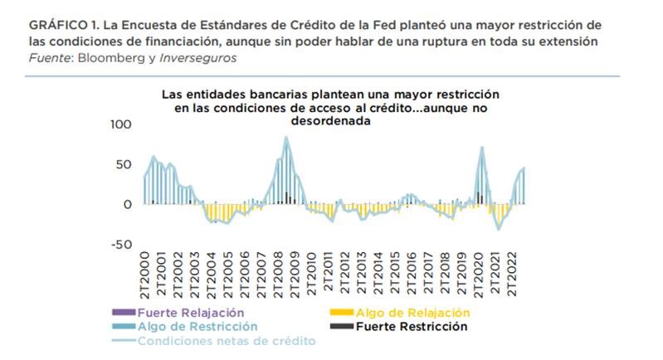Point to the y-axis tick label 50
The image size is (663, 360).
click(124, 164)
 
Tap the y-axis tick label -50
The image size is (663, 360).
click(121, 244)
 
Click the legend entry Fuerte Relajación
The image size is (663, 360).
click(192, 313)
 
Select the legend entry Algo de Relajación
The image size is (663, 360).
click(412, 313)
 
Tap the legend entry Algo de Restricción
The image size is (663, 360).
click(197, 327)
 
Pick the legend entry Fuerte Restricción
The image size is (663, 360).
click(412, 327)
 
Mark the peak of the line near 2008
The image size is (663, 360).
click(286, 138)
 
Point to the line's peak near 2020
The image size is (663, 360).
click(482, 148)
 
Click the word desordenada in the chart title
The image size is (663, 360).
click(330, 119)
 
